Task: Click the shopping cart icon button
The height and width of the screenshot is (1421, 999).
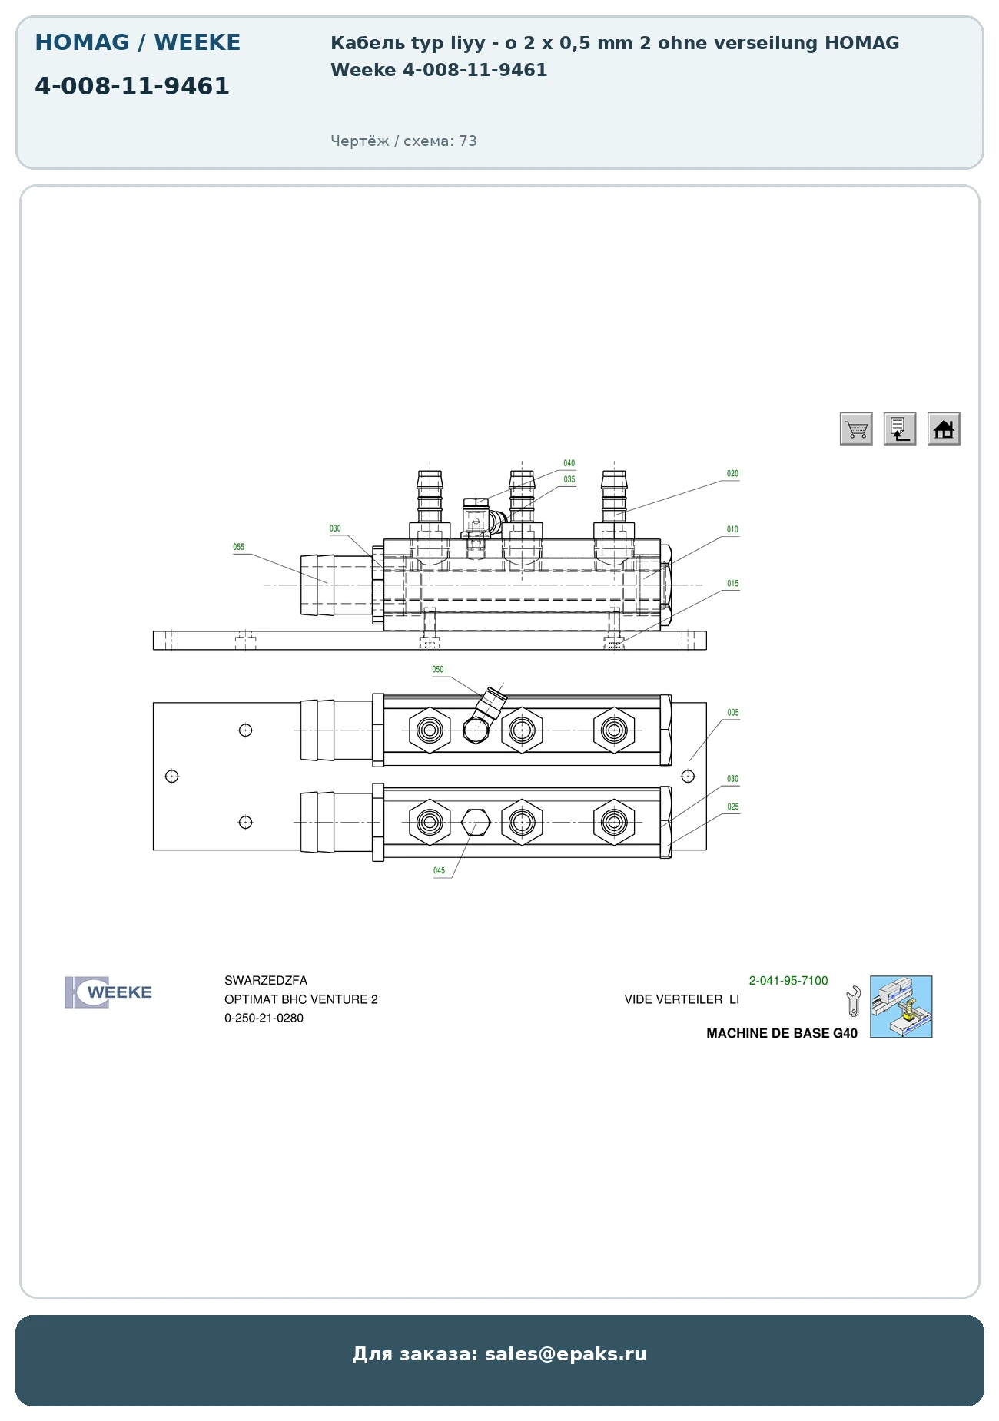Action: point(856,429)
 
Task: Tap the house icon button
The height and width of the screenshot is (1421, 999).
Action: point(944,429)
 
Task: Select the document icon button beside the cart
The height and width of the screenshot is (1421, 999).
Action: point(900,429)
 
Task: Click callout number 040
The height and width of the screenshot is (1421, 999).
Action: point(569,463)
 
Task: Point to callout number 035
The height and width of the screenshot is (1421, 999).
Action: point(569,479)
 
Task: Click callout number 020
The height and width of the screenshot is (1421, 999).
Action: point(733,474)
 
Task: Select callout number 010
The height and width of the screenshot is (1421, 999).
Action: point(733,529)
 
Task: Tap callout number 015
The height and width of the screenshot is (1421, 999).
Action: point(733,584)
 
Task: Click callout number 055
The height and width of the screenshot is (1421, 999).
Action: point(239,547)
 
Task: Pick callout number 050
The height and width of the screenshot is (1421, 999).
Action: point(438,670)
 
